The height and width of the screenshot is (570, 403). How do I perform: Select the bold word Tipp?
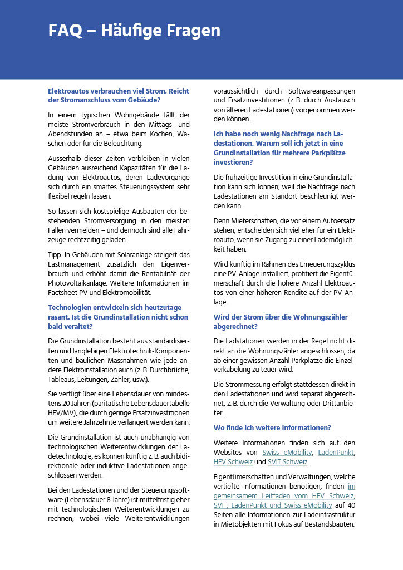coord(55,254)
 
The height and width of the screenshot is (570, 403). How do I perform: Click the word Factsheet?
coord(63,292)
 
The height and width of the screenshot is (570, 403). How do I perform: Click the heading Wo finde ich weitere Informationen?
coord(272,427)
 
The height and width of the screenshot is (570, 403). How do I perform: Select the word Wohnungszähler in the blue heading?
coord(321,317)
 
